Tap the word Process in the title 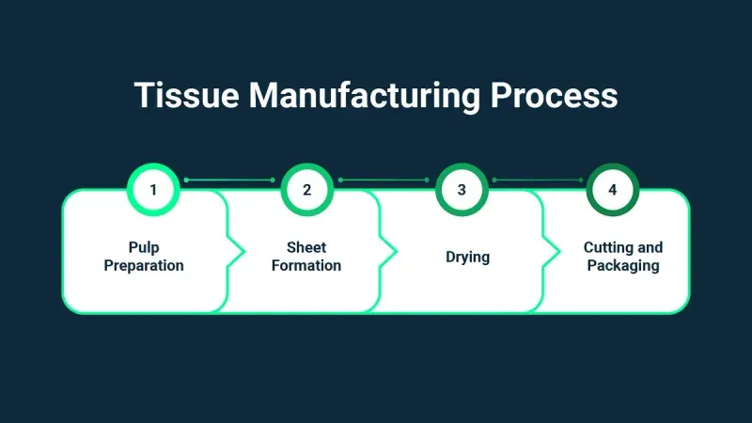pos(557,96)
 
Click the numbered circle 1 pos(153,189)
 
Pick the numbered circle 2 pos(306,189)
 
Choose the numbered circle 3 pos(462,189)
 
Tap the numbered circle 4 pos(613,189)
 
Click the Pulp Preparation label pos(144,257)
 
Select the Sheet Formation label pos(306,257)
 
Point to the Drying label pos(467,257)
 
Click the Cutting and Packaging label pos(622,257)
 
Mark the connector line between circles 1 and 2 pos(229,180)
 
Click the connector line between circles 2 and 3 pos(384,180)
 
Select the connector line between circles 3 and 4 pos(538,180)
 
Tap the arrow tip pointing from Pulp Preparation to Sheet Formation pos(243,252)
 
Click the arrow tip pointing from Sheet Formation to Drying pos(396,252)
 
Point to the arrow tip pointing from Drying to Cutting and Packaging pos(557,252)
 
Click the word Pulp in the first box pos(144,247)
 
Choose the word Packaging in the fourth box pos(622,266)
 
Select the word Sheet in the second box pos(306,247)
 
